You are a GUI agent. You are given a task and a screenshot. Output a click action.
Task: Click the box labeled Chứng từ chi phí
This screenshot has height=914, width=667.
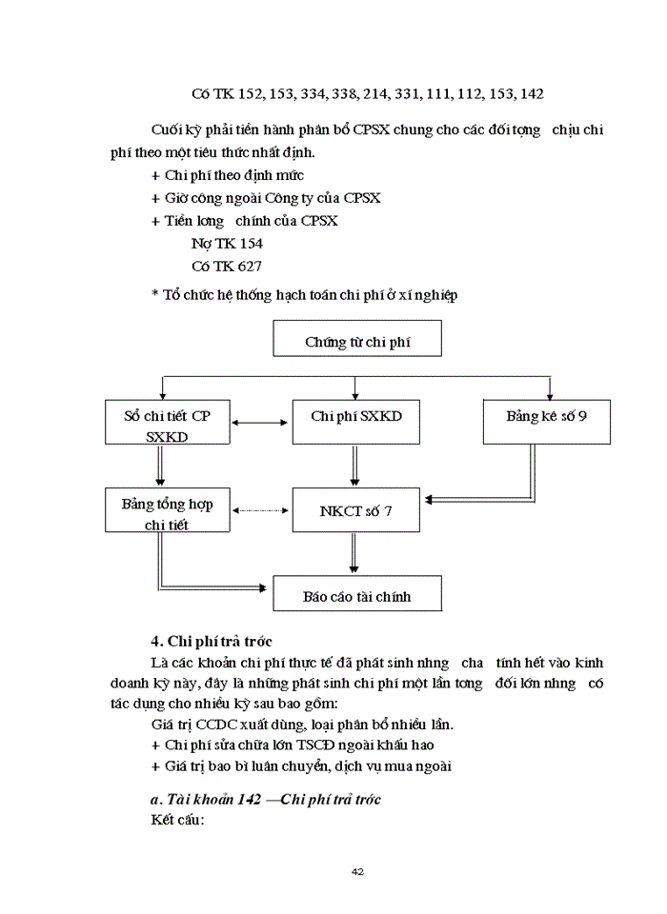(357, 340)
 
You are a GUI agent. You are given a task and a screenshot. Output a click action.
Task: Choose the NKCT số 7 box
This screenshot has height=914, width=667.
(355, 511)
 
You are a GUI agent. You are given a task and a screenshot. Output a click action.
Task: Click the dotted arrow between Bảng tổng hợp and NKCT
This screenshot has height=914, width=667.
(260, 511)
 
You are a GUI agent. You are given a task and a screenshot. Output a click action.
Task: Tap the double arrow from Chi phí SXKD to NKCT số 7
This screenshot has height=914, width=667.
(354, 467)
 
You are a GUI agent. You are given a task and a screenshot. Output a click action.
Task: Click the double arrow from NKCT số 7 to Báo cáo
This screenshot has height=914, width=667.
(354, 554)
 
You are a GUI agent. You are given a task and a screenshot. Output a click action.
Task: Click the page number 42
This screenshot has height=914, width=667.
(358, 871)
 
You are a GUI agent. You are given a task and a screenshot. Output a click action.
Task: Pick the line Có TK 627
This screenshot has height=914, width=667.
(226, 267)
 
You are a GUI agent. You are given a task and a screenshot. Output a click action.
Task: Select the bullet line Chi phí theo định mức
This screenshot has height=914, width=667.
(228, 175)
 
